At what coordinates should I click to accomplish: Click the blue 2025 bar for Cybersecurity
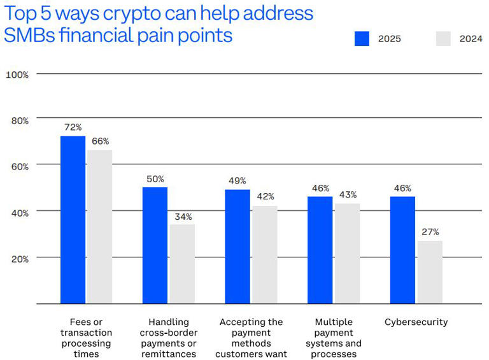tap(402, 250)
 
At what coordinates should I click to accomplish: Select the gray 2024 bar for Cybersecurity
tap(430, 271)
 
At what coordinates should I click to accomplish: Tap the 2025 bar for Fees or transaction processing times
tap(73, 220)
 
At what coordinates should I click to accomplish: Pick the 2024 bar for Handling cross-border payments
tap(182, 264)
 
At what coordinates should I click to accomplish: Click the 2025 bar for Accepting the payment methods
tap(237, 247)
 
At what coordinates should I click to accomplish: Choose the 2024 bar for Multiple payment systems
tap(347, 253)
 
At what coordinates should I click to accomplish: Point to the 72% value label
tap(73, 127)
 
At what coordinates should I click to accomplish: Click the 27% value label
tap(430, 232)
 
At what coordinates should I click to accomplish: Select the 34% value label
tap(182, 216)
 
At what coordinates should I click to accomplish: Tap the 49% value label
tap(237, 181)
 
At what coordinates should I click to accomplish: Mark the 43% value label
tap(347, 194)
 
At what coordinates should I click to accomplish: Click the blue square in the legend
tap(362, 38)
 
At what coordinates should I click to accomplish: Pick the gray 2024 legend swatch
tap(443, 38)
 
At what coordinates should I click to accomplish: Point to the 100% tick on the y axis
tap(17, 75)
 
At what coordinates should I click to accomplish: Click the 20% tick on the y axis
tap(19, 259)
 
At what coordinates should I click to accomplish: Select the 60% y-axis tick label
tap(19, 166)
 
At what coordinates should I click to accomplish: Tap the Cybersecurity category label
tap(416, 322)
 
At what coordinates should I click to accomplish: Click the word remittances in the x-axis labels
tap(168, 354)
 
